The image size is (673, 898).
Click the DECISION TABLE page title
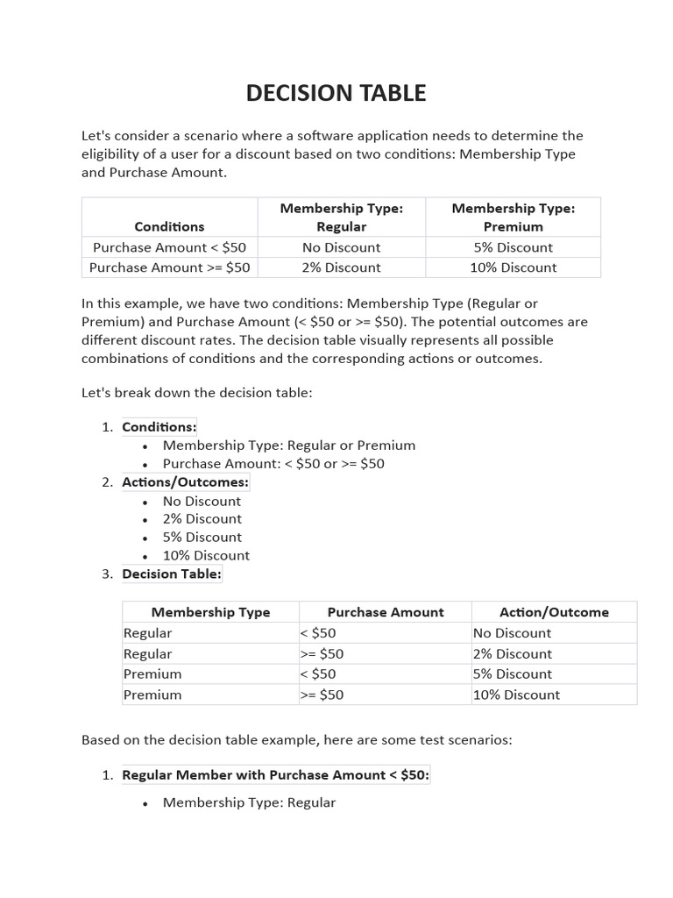tap(336, 93)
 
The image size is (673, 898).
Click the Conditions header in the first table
tap(169, 226)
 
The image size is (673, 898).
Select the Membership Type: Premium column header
tap(513, 217)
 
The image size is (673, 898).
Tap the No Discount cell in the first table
tap(341, 247)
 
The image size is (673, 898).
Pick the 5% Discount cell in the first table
tap(513, 247)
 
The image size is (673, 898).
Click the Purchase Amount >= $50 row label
tap(169, 267)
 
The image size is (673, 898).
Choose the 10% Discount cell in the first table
tap(513, 267)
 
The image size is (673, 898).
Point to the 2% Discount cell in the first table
tap(341, 267)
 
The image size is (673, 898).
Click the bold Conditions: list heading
tap(159, 427)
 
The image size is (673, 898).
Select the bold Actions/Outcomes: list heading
tap(186, 482)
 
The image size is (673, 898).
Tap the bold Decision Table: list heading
tap(172, 574)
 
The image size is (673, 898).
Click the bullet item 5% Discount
tap(202, 538)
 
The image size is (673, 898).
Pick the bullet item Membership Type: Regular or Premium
tap(289, 445)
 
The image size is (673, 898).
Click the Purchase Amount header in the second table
tap(386, 612)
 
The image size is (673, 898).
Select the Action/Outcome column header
tap(554, 612)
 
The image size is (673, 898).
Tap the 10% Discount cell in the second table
tap(516, 695)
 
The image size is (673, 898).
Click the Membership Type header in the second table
tap(210, 612)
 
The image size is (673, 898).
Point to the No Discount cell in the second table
tap(512, 633)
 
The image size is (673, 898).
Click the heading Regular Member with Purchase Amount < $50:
tap(276, 775)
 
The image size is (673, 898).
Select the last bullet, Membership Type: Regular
tap(249, 802)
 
